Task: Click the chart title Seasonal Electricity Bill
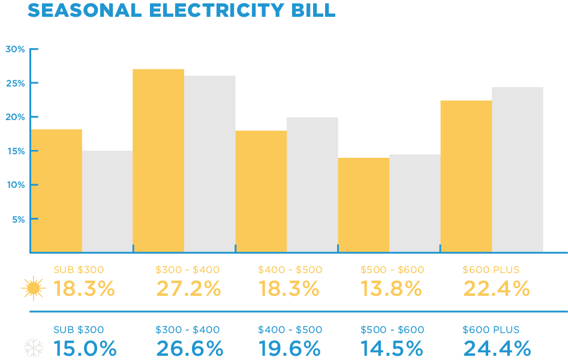pyautogui.click(x=181, y=10)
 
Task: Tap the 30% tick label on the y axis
pyautogui.click(x=15, y=49)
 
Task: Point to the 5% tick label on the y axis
pyautogui.click(x=18, y=220)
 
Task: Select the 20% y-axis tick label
pyautogui.click(x=15, y=117)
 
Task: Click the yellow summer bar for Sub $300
pyautogui.click(x=56, y=190)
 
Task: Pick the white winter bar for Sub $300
pyautogui.click(x=107, y=201)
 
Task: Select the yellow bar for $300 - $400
pyautogui.click(x=158, y=160)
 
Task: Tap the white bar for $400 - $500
pyautogui.click(x=312, y=184)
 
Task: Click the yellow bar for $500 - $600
pyautogui.click(x=363, y=205)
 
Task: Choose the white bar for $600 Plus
pyautogui.click(x=518, y=169)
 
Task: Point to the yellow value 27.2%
pyautogui.click(x=188, y=289)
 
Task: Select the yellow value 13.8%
pyautogui.click(x=391, y=289)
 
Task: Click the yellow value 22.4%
pyautogui.click(x=497, y=289)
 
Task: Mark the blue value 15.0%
pyautogui.click(x=85, y=348)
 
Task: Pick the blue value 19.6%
pyautogui.click(x=290, y=348)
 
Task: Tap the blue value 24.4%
pyautogui.click(x=497, y=348)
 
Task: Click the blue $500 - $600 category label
pyautogui.click(x=392, y=330)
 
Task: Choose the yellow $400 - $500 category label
pyautogui.click(x=290, y=270)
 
